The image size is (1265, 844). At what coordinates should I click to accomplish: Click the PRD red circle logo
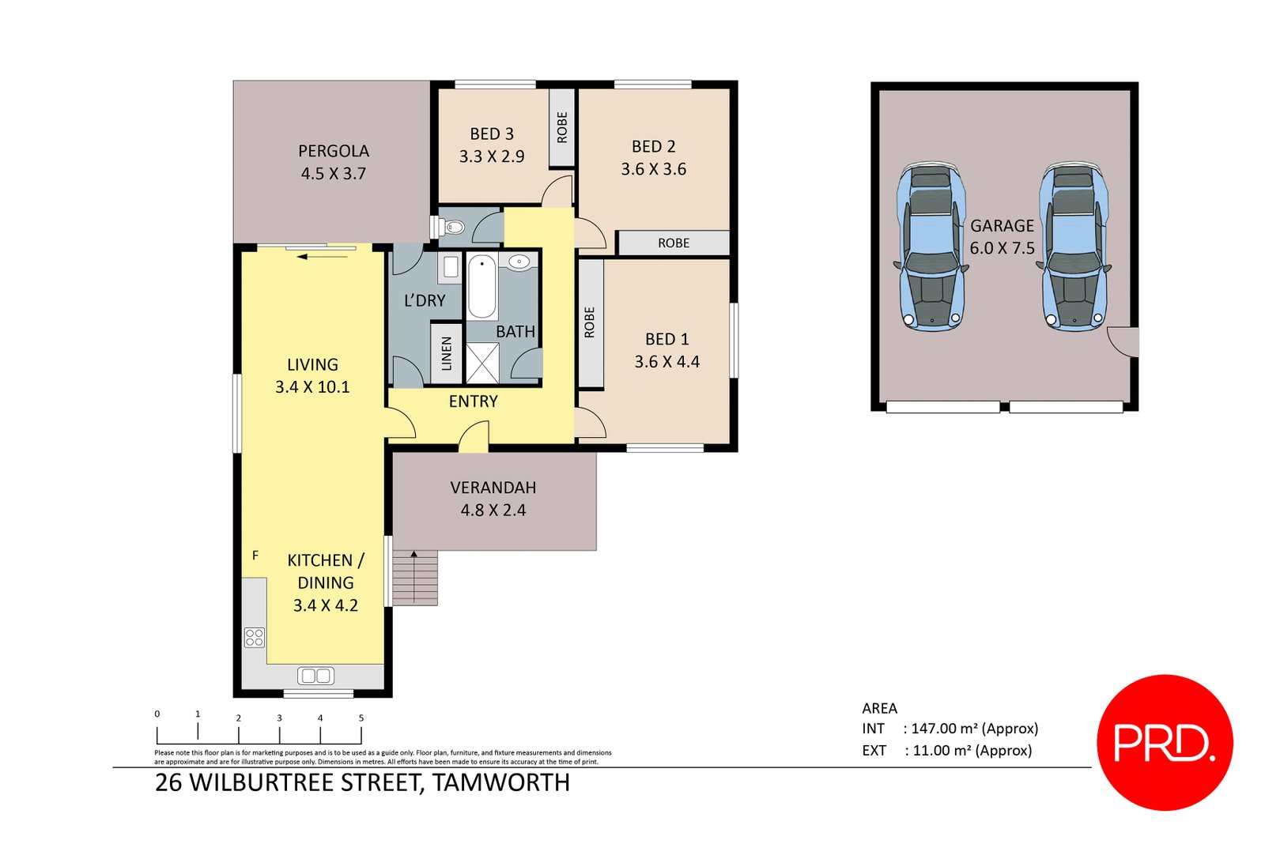(x=1165, y=742)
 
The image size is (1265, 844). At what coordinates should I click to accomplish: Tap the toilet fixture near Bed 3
(x=451, y=228)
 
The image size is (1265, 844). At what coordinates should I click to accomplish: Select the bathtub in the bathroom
(x=481, y=286)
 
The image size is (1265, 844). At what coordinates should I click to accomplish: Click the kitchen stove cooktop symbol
(x=254, y=637)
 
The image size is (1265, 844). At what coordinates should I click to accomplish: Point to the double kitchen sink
(x=315, y=676)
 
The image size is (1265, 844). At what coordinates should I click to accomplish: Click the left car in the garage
(x=931, y=247)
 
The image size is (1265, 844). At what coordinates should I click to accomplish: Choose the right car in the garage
(x=1074, y=247)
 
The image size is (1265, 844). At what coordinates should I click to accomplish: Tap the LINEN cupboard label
(x=447, y=353)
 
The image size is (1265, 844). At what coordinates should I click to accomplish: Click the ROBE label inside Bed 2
(x=674, y=243)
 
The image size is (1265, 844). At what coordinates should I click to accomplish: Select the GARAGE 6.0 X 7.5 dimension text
(x=1002, y=248)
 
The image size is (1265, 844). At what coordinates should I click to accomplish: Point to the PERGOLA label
(x=333, y=151)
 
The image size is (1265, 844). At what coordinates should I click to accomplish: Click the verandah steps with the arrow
(x=415, y=578)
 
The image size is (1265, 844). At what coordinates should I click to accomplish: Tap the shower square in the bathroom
(x=482, y=364)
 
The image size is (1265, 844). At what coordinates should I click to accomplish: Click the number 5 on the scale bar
(x=361, y=718)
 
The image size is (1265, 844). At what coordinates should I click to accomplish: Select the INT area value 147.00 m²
(x=973, y=729)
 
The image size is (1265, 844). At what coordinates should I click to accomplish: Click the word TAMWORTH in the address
(x=501, y=782)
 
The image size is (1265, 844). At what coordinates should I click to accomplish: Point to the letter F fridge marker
(x=255, y=556)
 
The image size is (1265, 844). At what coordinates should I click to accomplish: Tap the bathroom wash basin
(x=519, y=262)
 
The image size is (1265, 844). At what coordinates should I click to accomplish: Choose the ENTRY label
(x=473, y=401)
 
